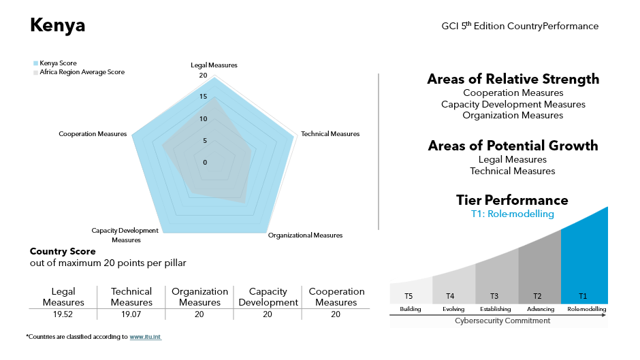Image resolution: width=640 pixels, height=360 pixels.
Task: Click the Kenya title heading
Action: coord(58,26)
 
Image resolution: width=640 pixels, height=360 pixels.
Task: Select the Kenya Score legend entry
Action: coord(58,63)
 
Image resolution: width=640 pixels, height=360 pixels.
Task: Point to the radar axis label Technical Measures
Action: coord(330,134)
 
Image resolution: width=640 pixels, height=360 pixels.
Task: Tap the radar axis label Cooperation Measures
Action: coord(93,134)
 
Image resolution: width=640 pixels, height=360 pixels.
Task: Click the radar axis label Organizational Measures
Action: coord(305,235)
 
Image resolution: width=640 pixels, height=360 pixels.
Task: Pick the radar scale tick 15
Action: coord(203,97)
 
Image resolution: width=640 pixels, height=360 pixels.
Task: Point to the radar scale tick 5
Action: coord(205,141)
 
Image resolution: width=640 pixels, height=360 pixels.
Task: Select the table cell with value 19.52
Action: coord(63,315)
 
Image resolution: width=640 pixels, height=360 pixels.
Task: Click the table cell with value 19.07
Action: coord(131,315)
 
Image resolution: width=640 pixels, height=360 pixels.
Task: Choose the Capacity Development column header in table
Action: coord(268,297)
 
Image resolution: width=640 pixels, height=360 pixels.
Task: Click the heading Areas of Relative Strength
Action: coord(513,79)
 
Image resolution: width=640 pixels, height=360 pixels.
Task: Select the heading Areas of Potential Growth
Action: coord(513,146)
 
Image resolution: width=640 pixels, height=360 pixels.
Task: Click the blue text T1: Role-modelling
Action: coord(512,214)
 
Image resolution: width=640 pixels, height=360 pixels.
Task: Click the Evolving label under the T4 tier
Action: coord(453,309)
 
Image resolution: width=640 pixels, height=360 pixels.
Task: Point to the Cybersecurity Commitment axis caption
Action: coord(502,321)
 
